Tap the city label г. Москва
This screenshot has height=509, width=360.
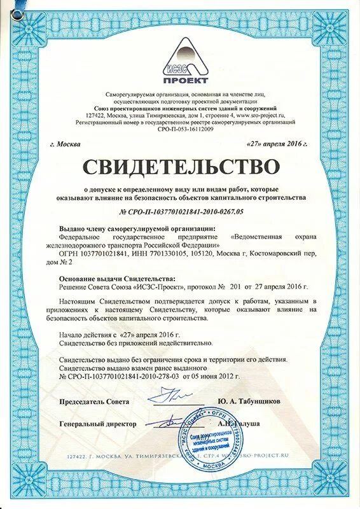click(65, 144)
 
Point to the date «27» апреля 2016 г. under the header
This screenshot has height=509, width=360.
click(277, 144)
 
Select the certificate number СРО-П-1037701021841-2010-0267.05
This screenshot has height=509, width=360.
click(182, 211)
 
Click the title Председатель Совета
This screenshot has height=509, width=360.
click(94, 401)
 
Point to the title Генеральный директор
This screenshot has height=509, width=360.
click(98, 423)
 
